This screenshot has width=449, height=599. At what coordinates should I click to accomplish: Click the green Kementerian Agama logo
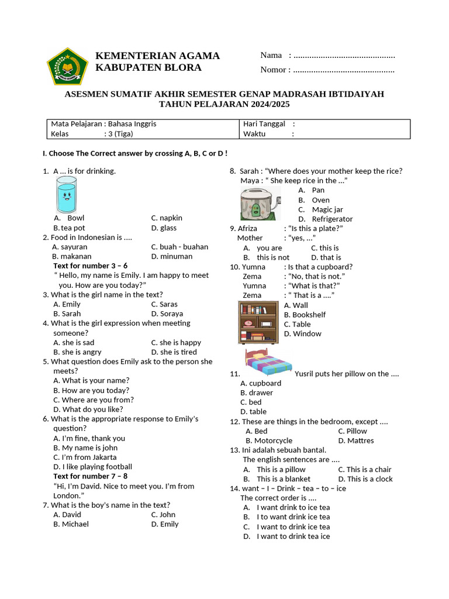pyautogui.click(x=67, y=67)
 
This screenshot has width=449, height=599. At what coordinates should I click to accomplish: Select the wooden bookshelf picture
pyautogui.click(x=258, y=322)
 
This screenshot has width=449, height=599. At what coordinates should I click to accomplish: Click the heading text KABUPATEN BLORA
pyautogui.click(x=148, y=68)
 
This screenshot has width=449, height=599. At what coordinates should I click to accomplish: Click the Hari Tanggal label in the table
pyautogui.click(x=264, y=124)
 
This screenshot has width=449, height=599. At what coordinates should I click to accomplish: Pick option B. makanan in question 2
pyautogui.click(x=72, y=256)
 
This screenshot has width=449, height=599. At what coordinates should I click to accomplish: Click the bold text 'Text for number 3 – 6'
pyautogui.click(x=90, y=266)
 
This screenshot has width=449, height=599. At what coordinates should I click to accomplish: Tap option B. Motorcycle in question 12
pyautogui.click(x=269, y=440)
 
